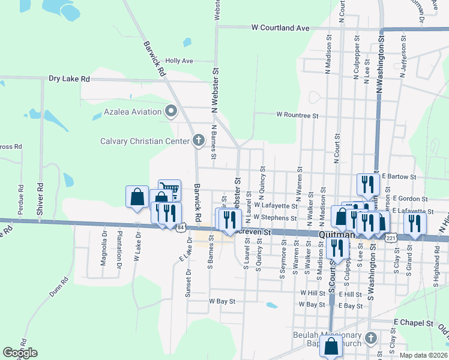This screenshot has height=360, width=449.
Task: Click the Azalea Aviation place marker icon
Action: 171,111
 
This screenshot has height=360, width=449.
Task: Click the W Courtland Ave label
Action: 280,28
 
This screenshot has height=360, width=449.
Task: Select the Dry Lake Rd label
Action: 69,79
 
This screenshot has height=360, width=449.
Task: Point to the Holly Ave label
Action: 179,61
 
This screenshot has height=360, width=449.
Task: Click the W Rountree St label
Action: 297,115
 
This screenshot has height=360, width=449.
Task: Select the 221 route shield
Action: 391,238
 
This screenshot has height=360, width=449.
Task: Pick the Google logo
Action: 20,353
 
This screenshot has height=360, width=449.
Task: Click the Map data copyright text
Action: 423,355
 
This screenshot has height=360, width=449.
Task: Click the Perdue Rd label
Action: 21,195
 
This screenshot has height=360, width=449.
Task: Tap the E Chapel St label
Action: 414,323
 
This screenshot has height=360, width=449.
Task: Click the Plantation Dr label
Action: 120,248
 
